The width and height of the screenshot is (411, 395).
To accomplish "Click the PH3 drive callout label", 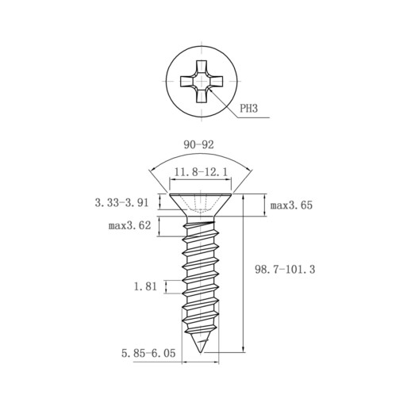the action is pos(248,109).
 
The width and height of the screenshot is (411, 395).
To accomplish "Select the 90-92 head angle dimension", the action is pos(198,145).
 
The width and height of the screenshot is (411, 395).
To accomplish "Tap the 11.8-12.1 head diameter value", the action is pos(201,172).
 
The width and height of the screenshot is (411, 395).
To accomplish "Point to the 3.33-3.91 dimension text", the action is pos(121,203).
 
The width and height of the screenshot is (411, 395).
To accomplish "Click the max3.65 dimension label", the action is pos(291,205).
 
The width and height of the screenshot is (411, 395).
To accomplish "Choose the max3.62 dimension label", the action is pos(129,225).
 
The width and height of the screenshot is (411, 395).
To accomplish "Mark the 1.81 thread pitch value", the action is pos(145,286).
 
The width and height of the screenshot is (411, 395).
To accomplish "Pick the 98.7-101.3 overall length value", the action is pos(285,270).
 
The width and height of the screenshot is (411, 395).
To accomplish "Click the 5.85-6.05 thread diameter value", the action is pos(148,353).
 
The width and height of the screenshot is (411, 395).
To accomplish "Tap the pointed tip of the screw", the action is pos(201,352).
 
